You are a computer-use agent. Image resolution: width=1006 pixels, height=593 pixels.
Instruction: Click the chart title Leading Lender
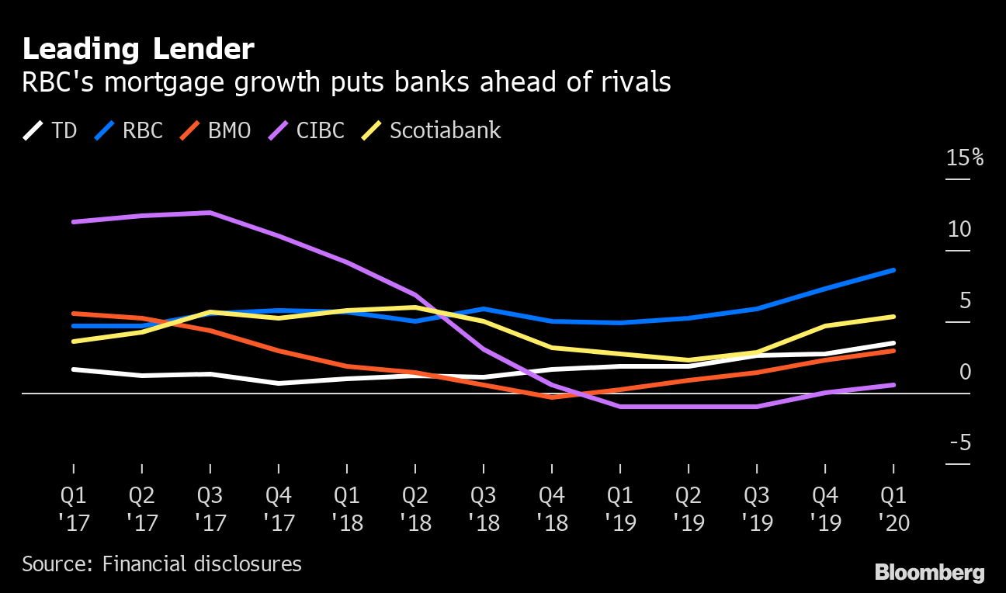pos(138,50)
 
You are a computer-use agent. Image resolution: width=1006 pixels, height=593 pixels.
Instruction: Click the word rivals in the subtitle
pos(633,82)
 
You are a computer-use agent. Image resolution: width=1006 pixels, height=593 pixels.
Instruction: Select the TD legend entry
pos(50,130)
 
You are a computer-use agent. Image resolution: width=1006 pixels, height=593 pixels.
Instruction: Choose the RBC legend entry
pos(129,130)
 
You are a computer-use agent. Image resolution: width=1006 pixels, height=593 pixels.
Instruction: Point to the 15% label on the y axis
pos(965,158)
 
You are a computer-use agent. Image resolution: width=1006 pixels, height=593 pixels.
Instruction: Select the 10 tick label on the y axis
pos(959,230)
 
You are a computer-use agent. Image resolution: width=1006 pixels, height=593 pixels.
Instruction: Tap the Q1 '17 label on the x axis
pos(74,508)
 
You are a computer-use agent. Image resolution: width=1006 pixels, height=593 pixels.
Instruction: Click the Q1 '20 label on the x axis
pos(893,508)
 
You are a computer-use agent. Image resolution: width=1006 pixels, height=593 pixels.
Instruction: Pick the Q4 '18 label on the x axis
pos(552,508)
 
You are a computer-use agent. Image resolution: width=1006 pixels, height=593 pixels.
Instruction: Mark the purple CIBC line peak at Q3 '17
pos(210,213)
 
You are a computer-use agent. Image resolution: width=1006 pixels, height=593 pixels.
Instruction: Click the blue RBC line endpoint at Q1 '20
pos(893,270)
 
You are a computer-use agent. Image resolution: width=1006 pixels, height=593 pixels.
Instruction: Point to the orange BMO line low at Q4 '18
pos(552,397)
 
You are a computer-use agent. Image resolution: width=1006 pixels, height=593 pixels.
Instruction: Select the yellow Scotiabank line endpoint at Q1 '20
pos(893,317)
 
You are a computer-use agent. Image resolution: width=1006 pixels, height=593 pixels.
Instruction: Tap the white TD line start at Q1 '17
pos(74,369)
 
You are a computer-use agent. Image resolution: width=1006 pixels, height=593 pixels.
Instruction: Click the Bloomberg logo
pos(929,573)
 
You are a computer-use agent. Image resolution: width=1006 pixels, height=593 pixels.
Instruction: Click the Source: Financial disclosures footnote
pos(161,564)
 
